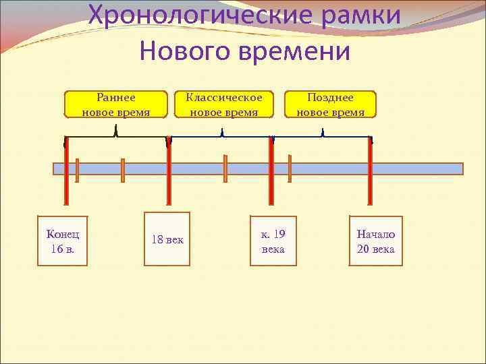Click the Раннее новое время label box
pos(115,104)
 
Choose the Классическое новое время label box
pos(224,104)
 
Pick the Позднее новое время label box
pos(331,104)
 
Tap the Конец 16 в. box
pos(63,241)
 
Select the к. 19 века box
pos(273,241)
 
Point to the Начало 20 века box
pos(376,241)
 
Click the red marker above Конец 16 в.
pos(65,172)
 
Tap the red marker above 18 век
pos(168,172)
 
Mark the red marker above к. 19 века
pos(271,172)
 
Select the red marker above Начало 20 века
pos(370,172)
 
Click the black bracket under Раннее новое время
pos(116,135)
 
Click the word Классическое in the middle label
pos(224,98)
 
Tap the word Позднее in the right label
pos(331,98)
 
